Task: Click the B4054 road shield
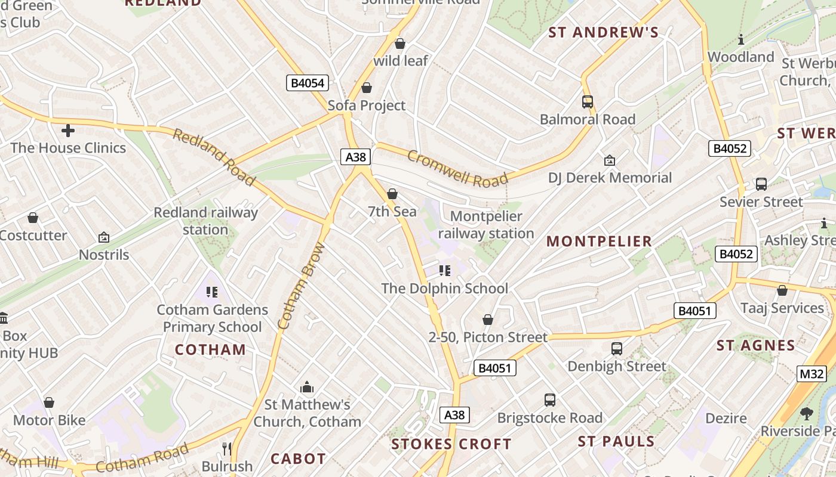point(308,83)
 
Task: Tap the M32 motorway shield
point(812,374)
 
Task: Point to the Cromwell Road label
point(457,168)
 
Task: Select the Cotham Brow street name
point(302,286)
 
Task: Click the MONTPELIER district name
point(599,241)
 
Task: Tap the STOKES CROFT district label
point(451,444)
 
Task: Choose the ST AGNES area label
point(756,346)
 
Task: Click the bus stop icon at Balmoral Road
point(588,102)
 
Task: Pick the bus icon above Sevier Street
point(761,184)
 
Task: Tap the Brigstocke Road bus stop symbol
point(550,400)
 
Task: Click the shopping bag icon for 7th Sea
point(392,194)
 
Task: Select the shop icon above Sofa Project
point(367,88)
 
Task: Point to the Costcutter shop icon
point(33,218)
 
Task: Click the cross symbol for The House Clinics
point(68,130)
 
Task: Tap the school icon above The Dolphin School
point(445,271)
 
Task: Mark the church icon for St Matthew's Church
point(307,388)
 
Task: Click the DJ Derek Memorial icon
point(610,160)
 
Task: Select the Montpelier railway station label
point(486,225)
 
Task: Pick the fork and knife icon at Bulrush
point(227,448)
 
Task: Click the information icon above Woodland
point(741,39)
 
